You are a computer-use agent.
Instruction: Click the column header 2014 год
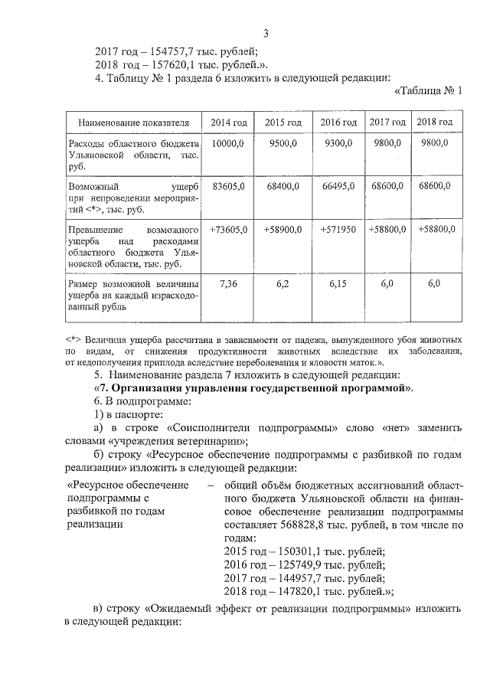click(x=228, y=123)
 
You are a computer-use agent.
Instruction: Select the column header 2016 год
click(x=338, y=123)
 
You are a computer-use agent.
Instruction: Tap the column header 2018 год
click(x=435, y=123)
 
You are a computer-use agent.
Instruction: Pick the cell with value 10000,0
click(x=228, y=143)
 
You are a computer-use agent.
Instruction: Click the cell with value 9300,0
click(x=338, y=143)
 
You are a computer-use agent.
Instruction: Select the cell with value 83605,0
click(x=228, y=186)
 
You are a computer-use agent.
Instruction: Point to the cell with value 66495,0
click(x=338, y=186)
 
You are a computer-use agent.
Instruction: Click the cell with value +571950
click(x=338, y=229)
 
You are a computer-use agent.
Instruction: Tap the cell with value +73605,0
click(x=228, y=229)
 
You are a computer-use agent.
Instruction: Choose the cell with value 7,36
click(x=228, y=283)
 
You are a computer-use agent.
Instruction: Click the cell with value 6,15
click(x=338, y=283)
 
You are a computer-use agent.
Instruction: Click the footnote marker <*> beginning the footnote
click(x=74, y=338)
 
